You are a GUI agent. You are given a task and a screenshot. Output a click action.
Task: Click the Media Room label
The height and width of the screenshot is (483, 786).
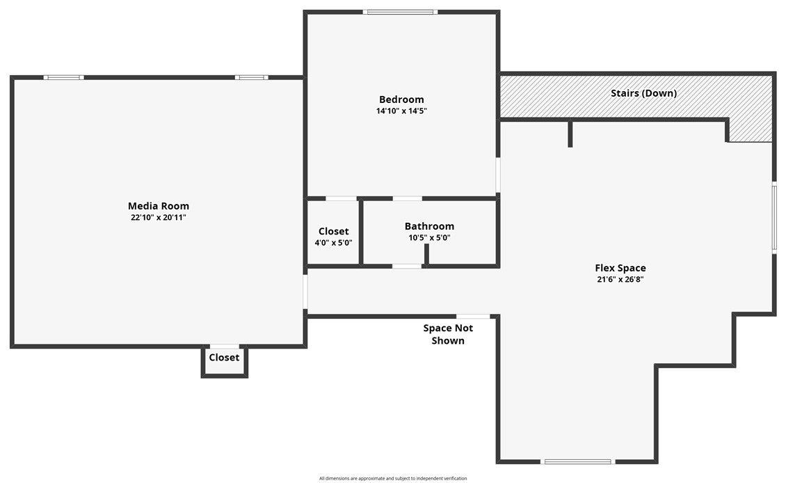159,206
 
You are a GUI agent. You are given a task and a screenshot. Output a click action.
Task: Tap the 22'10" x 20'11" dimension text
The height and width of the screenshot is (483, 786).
159,218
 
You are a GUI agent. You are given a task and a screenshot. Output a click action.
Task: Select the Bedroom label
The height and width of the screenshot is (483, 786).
401,100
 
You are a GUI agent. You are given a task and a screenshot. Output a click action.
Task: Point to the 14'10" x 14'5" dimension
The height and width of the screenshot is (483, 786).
401,111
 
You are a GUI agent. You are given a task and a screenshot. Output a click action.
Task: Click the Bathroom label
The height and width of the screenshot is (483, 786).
429,226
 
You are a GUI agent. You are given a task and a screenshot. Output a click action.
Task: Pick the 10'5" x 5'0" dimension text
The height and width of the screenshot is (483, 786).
429,238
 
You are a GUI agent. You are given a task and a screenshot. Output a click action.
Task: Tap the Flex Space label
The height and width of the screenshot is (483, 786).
620,268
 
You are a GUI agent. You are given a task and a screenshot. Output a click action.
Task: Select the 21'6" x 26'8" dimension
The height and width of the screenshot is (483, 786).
620,280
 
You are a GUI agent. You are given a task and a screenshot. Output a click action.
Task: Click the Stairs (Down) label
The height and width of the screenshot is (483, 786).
643,93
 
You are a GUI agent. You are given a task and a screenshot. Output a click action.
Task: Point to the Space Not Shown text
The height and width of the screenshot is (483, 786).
448,334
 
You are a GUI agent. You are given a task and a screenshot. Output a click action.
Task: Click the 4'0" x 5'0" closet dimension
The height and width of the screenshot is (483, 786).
333,243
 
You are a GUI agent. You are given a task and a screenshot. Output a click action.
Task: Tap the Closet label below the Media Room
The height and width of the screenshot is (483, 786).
224,358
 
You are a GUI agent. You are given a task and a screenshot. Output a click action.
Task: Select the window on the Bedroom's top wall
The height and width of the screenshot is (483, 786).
400,12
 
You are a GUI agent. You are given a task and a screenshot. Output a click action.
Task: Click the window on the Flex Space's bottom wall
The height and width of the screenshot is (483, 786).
577,461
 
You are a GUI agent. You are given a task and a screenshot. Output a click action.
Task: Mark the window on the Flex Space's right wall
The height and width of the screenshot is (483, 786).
773,217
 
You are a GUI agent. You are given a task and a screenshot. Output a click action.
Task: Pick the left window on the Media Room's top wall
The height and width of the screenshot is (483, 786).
64,77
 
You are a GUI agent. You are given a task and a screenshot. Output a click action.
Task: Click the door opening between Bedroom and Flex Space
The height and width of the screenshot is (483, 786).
497,175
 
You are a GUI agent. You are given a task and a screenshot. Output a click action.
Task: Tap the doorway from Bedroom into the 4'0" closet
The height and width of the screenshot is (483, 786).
342,199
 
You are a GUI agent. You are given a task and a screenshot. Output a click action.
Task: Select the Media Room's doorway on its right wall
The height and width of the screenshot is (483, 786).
305,292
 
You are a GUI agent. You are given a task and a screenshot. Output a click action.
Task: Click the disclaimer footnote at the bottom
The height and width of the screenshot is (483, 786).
393,478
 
